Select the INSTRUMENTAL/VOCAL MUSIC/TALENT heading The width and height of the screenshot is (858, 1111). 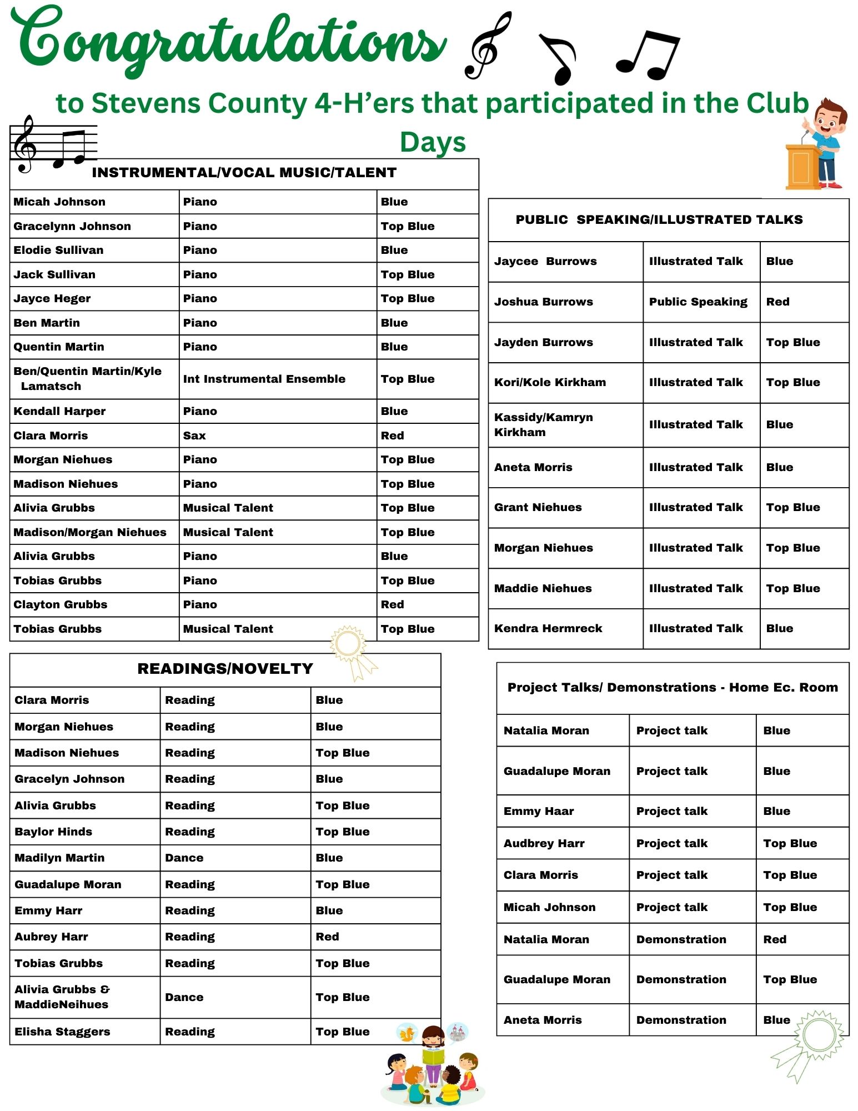244,173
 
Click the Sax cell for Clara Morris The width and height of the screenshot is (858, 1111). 194,436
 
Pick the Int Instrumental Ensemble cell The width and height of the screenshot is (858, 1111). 264,379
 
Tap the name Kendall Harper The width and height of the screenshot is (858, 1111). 59,411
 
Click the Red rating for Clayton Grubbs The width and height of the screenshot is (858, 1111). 393,604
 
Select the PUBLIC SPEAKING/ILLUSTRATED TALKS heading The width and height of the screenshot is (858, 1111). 659,220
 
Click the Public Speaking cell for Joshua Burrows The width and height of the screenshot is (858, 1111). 698,302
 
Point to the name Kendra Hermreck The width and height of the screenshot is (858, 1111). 548,628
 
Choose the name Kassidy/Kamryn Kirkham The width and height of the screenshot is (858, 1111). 543,424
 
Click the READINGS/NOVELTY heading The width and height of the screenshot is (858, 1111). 225,669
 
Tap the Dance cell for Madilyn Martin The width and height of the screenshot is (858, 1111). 184,858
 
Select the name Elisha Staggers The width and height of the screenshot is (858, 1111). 62,1032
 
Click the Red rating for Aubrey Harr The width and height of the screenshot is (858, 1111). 328,937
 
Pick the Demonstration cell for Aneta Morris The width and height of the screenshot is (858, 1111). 681,1020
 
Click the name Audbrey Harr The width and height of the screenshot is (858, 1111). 544,843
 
